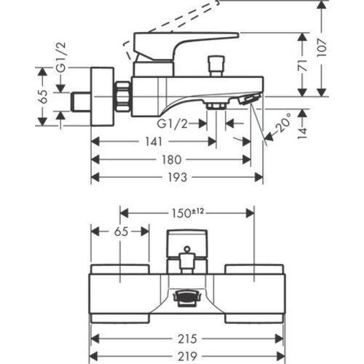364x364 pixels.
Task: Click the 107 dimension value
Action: (322, 48)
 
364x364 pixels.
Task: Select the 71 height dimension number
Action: (302, 65)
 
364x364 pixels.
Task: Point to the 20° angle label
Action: (283, 122)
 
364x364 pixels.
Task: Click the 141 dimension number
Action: (154, 141)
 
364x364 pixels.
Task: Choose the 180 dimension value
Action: (172, 159)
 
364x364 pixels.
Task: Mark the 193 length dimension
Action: (178, 178)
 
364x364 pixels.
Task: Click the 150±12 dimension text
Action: (187, 213)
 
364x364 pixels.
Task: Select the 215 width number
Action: (187, 339)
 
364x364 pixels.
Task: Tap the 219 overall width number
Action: (187, 357)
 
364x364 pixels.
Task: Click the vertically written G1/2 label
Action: (60, 58)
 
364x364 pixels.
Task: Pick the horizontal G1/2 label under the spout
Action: (173, 124)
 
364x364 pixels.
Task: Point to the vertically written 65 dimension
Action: (43, 97)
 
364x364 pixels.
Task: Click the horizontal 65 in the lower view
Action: (121, 232)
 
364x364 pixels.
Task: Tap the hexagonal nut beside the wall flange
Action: (123, 97)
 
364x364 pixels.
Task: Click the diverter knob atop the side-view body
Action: (217, 66)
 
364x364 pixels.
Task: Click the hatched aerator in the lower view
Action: (186, 298)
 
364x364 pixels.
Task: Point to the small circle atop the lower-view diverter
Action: (187, 249)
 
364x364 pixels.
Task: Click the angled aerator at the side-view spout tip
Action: (248, 100)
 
